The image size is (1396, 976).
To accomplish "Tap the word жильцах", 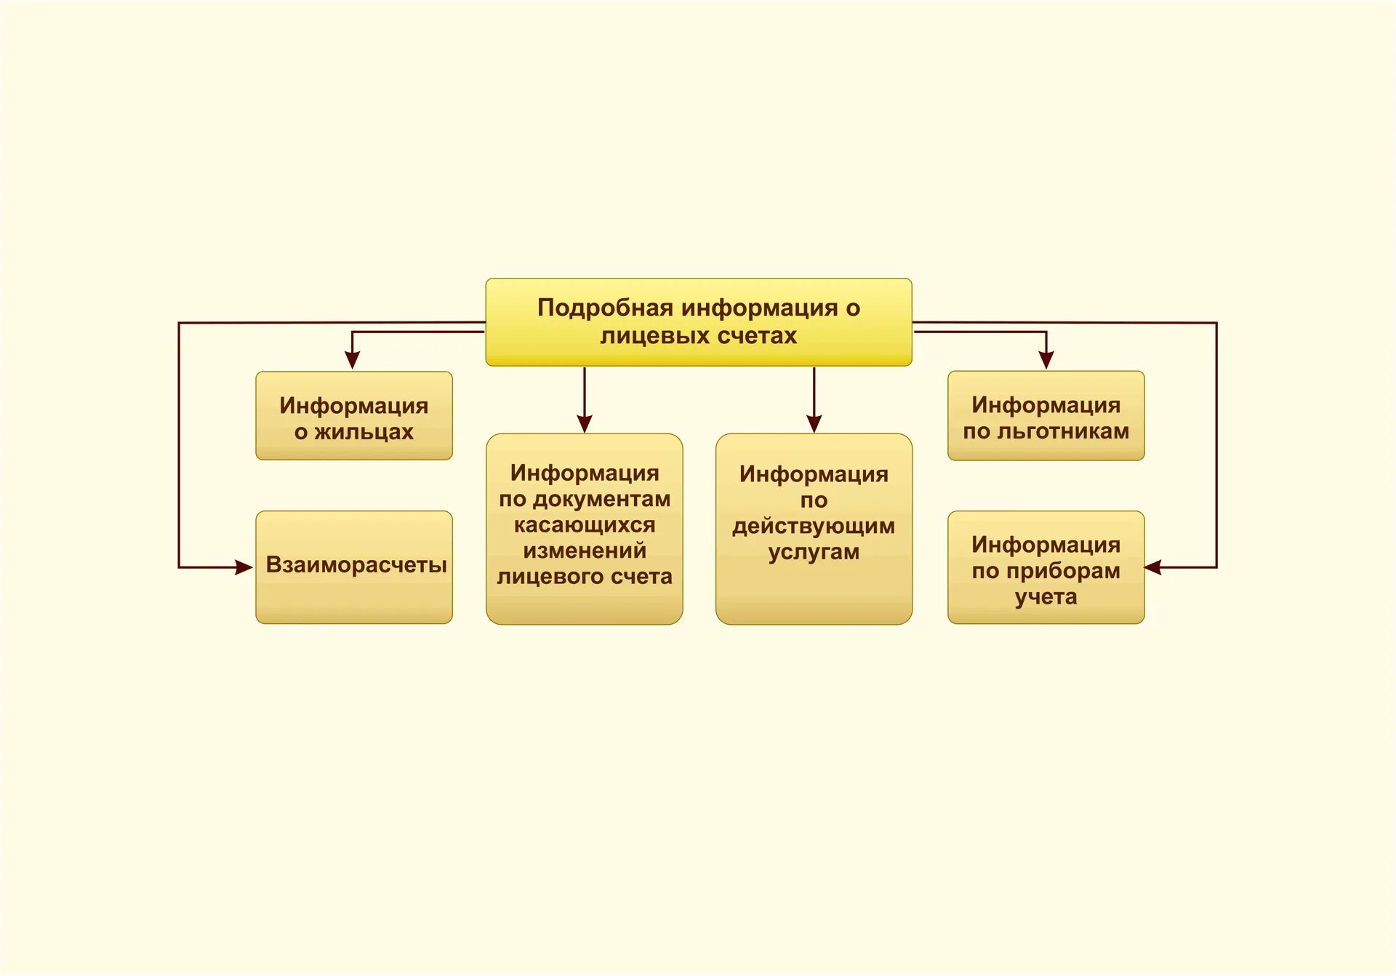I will (364, 432).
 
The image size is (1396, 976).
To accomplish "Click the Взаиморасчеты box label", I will (356, 565).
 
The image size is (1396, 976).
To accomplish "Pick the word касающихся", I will (585, 525).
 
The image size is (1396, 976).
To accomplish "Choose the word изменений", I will (585, 551).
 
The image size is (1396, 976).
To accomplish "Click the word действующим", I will (814, 526).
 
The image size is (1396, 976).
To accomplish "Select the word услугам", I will (814, 552).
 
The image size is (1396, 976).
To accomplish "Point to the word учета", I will (1046, 597).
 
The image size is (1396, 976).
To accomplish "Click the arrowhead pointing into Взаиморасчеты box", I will (244, 567).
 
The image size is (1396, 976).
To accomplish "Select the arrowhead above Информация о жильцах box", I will (353, 360).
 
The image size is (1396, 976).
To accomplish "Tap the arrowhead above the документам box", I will (585, 424).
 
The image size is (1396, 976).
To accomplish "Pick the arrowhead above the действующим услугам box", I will (814, 424).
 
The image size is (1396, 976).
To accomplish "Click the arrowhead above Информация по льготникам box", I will (1046, 359).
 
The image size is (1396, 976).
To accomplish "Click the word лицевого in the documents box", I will (550, 577).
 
